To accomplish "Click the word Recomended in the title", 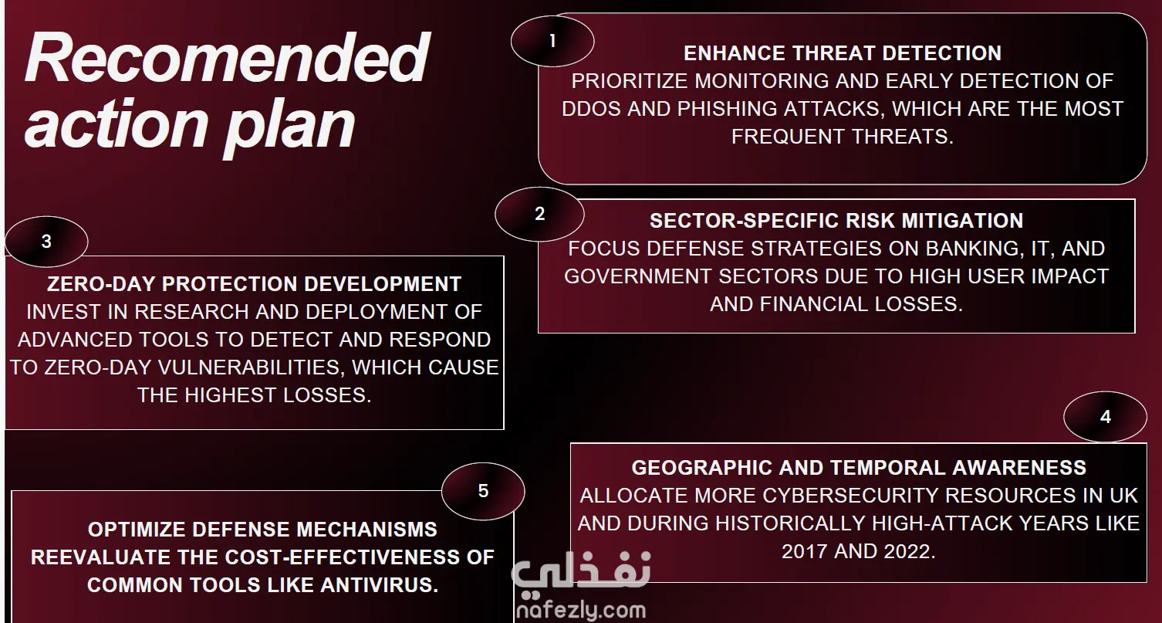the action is click(227, 57).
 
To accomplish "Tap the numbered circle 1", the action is click(552, 41).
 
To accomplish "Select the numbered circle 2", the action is click(539, 214).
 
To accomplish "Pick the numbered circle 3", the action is click(47, 242).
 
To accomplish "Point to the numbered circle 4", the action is click(1105, 417).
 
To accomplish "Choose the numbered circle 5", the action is click(483, 491).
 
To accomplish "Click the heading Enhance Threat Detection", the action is click(843, 53).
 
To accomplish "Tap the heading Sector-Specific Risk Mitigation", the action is click(836, 221).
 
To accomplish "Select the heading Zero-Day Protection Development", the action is click(254, 285).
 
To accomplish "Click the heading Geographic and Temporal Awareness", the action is click(859, 469).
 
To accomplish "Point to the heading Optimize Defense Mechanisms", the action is click(262, 530).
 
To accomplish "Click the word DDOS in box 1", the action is click(591, 109).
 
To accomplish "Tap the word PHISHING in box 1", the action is click(728, 109).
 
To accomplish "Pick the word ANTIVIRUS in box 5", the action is click(379, 586).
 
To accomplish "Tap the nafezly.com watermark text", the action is click(581, 610).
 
